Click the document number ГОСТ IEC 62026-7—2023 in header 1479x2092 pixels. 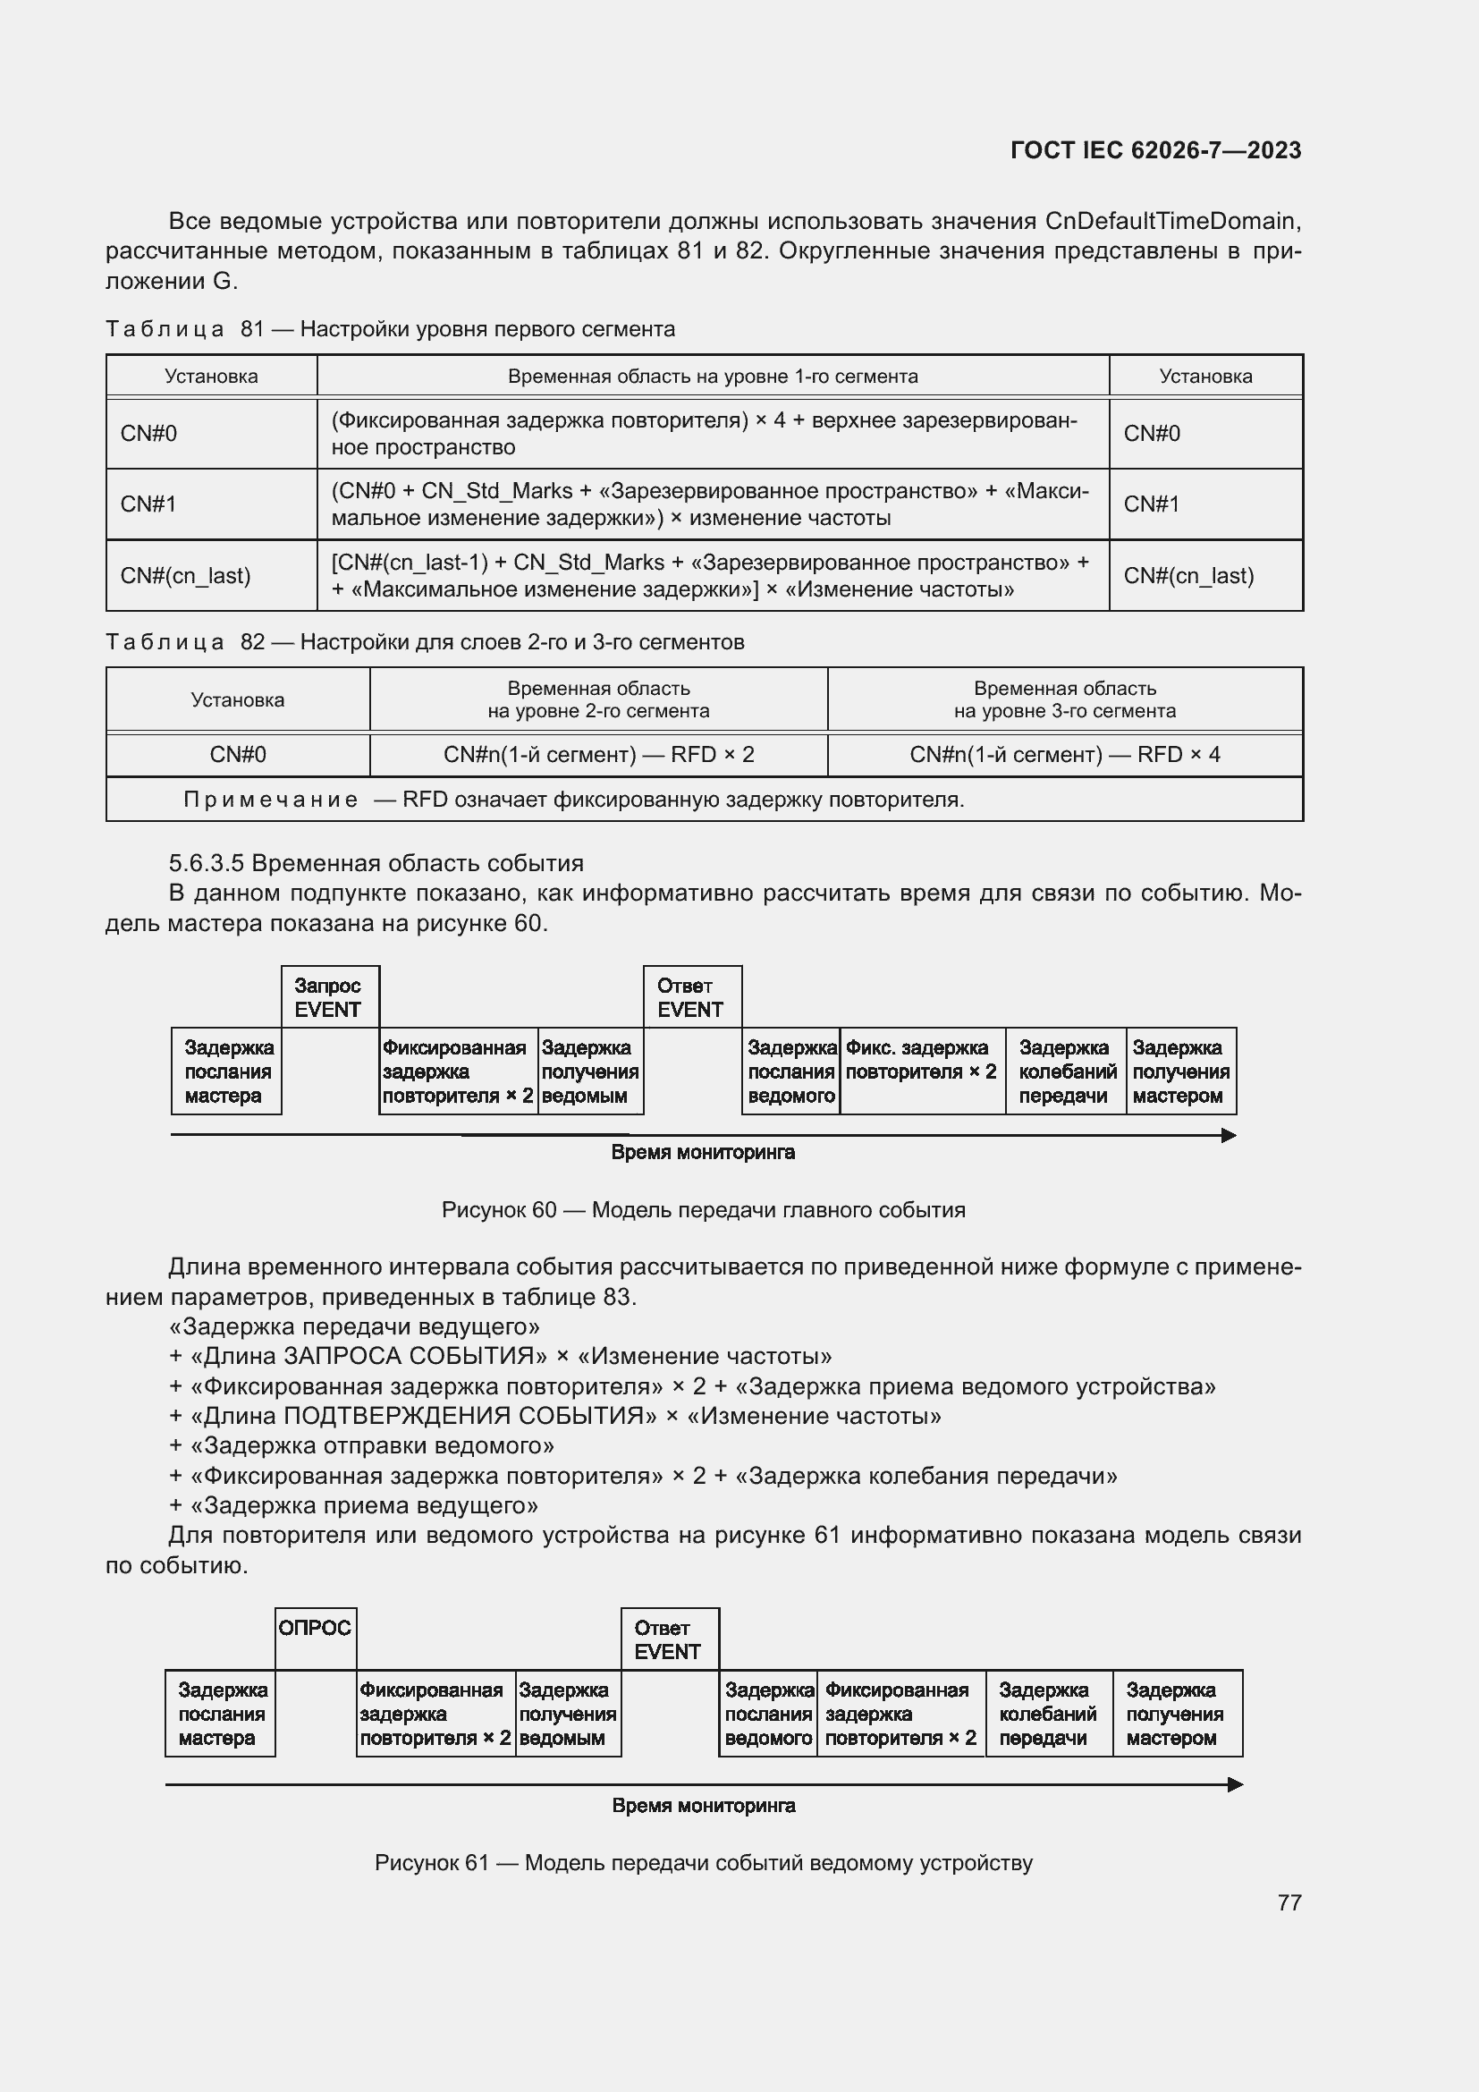pyautogui.click(x=1154, y=150)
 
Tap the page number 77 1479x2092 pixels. pyautogui.click(x=1289, y=1902)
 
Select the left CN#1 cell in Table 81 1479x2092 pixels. pyautogui.click(x=211, y=504)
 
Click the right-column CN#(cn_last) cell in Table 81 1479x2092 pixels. pyautogui.click(x=1204, y=576)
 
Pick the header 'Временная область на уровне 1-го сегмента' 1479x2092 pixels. pyautogui.click(x=712, y=377)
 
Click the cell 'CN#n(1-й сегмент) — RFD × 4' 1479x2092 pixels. pyautogui.click(x=1064, y=755)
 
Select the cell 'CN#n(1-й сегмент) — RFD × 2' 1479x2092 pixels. pyautogui.click(x=598, y=755)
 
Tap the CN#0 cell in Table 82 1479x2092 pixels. pyautogui.click(x=238, y=755)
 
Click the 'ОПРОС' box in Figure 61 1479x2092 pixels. pyautogui.click(x=315, y=1628)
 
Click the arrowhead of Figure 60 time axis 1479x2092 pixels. pyautogui.click(x=1229, y=1135)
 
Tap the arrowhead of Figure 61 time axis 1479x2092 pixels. pyautogui.click(x=1235, y=1784)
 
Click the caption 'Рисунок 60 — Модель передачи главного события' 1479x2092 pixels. pyautogui.click(x=703, y=1210)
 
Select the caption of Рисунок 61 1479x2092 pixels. pyautogui.click(x=703, y=1862)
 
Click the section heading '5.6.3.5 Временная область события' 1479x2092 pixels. pyautogui.click(x=376, y=863)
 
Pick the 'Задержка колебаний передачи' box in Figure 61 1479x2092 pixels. pyautogui.click(x=1047, y=1713)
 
